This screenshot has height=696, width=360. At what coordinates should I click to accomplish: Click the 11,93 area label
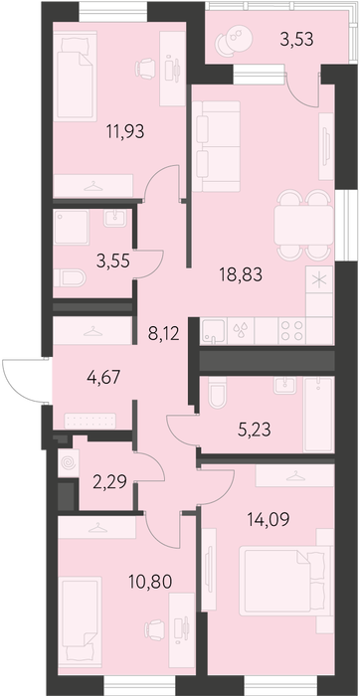125,132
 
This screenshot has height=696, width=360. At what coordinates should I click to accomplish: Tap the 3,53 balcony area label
297,39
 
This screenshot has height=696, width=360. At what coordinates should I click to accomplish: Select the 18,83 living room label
241,275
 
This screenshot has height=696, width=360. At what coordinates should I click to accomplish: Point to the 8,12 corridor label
163,334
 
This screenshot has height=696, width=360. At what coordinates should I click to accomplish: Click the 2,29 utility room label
110,480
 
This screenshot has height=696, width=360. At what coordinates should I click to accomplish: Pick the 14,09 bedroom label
268,518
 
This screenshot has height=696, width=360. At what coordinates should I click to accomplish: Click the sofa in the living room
216,146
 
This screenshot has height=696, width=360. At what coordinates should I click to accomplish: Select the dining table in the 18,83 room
303,225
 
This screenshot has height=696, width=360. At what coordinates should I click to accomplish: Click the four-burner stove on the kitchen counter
291,331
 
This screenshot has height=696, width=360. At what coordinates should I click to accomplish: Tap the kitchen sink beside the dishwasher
214,331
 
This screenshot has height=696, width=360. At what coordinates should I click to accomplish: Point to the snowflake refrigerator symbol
319,279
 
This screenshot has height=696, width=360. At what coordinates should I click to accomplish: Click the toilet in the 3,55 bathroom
70,278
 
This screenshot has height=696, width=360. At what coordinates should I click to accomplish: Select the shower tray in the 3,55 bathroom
71,227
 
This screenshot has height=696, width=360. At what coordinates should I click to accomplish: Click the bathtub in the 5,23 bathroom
318,415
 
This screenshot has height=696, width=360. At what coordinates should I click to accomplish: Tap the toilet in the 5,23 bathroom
218,393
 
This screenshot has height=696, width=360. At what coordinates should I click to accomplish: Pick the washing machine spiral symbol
69,464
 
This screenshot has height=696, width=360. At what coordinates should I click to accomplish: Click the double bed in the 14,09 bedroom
285,581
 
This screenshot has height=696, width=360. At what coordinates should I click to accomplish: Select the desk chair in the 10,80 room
155,630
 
